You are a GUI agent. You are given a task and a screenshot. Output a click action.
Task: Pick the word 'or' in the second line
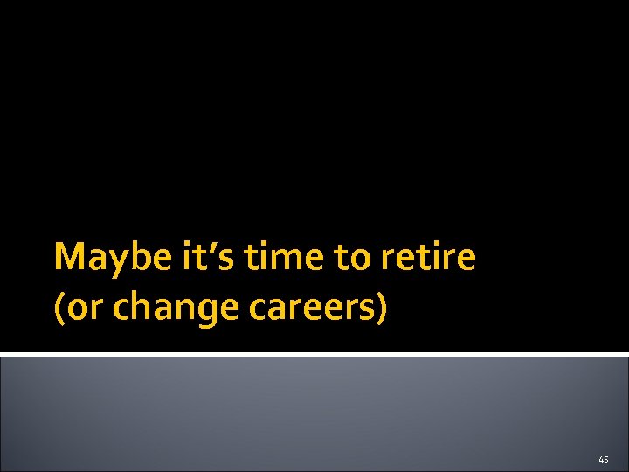pyautogui.click(x=80, y=309)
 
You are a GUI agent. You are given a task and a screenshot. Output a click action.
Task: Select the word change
pyautogui.click(x=156, y=309)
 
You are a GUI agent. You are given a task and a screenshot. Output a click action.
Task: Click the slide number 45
pyautogui.click(x=604, y=459)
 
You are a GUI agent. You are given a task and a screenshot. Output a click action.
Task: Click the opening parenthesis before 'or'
pyautogui.click(x=59, y=309)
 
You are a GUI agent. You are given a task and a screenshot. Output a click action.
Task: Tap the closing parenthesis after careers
pyautogui.click(x=381, y=309)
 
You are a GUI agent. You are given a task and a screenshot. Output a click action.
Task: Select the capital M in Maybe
pyautogui.click(x=68, y=258)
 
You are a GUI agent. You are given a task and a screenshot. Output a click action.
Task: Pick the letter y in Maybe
pyautogui.click(x=107, y=262)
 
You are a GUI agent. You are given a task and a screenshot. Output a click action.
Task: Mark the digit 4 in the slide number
pyautogui.click(x=601, y=459)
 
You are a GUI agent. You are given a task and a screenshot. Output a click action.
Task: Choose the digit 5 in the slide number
pyautogui.click(x=606, y=459)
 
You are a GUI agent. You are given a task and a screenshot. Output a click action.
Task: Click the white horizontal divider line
pyautogui.click(x=314, y=354)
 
